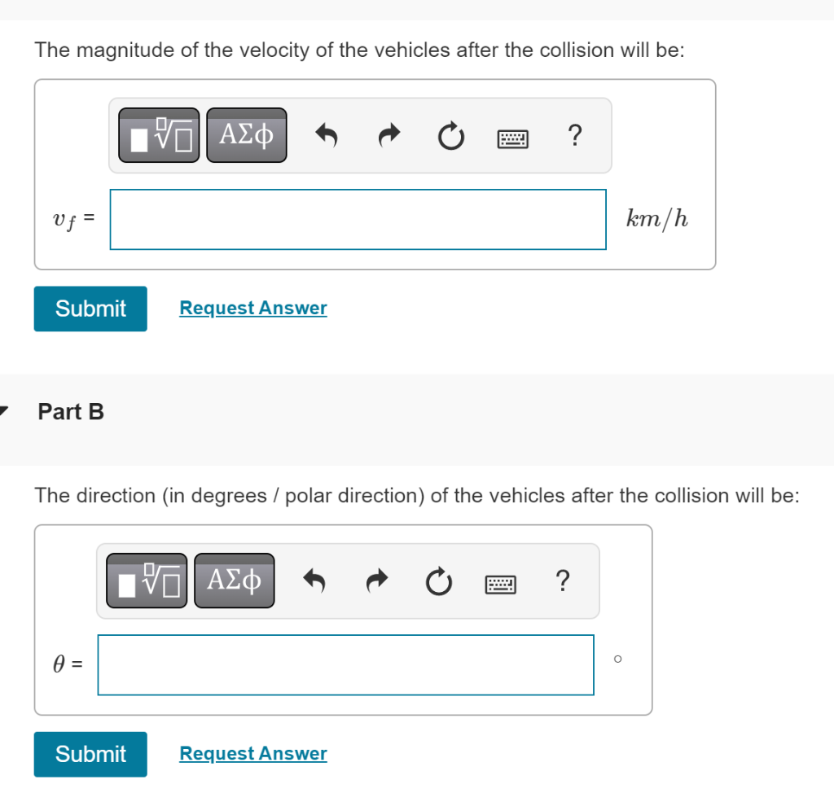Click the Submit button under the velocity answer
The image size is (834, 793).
tap(90, 309)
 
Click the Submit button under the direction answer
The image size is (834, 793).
tap(90, 754)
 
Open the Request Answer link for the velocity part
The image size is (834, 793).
tap(252, 308)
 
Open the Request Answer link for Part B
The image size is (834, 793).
tap(252, 753)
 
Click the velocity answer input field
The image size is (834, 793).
tap(358, 219)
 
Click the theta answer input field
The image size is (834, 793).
tap(345, 664)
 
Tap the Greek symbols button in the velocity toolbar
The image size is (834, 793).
tap(246, 135)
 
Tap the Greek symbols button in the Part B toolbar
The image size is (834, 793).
tap(234, 581)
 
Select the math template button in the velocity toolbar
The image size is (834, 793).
tap(159, 135)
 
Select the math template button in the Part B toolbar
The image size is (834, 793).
tap(147, 581)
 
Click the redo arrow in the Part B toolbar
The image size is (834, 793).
tap(376, 581)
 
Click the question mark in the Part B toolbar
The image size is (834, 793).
tap(562, 581)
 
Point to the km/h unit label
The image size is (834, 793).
tap(657, 218)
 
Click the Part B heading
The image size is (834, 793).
tap(71, 412)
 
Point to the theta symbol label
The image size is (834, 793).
tap(59, 664)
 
